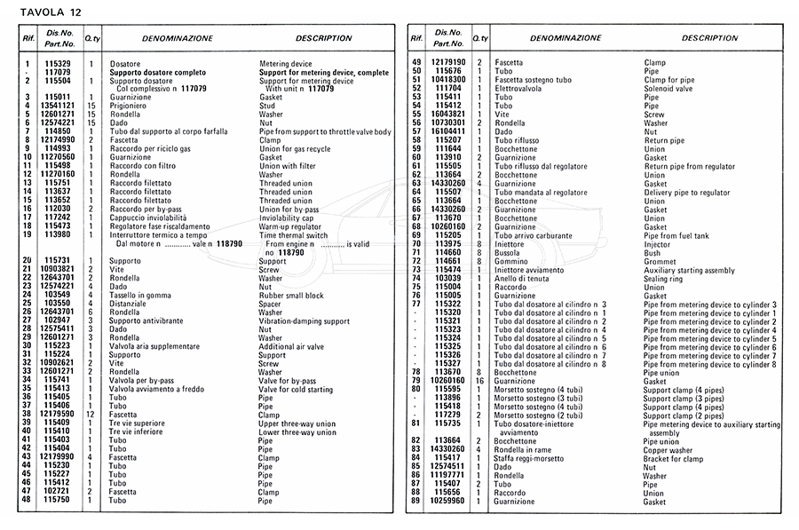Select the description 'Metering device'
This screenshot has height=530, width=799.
coord(285,65)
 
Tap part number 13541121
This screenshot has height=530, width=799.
coord(60,106)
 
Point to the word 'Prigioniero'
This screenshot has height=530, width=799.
coord(128,106)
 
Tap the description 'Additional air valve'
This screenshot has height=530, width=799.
coord(293,345)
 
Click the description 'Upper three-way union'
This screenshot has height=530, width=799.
coord(299,423)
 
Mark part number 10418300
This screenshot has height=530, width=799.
coord(448,80)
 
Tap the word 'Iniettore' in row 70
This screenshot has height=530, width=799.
coord(510,243)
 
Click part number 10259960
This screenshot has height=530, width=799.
coord(448,501)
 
